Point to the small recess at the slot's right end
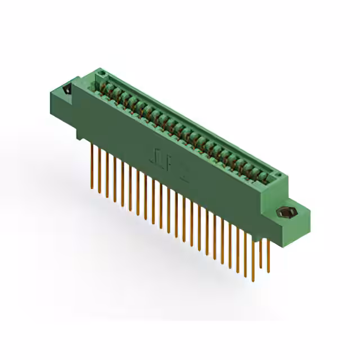[x=275, y=177]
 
